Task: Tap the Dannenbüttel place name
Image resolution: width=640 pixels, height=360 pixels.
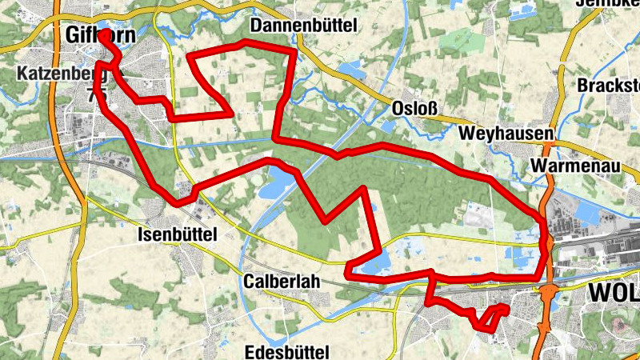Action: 303,25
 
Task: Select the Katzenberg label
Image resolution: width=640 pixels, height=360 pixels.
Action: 54,75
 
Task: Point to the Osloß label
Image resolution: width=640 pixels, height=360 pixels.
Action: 414,108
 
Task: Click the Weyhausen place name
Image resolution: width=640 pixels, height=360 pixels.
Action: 506,131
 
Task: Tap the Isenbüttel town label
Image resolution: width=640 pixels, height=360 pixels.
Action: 177,234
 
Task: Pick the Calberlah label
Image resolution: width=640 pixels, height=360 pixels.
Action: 281,282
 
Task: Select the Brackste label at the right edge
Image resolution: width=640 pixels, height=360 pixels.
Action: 610,86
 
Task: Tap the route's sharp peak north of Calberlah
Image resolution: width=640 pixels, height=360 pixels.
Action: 365,190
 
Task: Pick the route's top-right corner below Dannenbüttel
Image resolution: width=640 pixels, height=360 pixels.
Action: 294,50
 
